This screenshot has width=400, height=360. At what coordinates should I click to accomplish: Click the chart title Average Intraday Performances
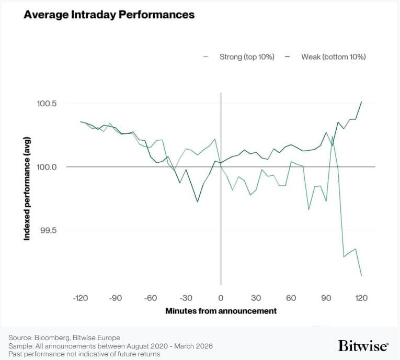(x=109, y=15)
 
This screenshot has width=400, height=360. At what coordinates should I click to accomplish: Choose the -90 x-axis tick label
(x=116, y=298)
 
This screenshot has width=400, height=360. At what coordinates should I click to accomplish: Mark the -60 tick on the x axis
(x=151, y=298)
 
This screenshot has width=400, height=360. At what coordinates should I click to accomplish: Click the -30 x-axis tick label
(x=186, y=298)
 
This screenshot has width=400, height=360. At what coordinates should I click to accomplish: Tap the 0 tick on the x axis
(x=221, y=298)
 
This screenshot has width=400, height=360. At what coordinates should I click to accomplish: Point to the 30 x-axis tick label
(x=256, y=298)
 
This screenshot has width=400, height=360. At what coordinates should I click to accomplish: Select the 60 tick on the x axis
(x=291, y=298)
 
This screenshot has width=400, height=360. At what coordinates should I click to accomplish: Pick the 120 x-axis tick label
(x=361, y=298)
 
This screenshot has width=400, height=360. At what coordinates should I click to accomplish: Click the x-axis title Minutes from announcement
(x=221, y=311)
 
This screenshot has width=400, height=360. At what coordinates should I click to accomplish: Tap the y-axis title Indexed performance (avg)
(x=27, y=189)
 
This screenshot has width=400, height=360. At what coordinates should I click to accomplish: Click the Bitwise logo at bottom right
(x=363, y=346)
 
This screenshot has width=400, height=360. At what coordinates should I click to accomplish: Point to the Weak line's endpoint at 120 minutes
(x=361, y=102)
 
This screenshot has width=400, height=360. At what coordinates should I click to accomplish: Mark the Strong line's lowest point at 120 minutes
(x=361, y=275)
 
